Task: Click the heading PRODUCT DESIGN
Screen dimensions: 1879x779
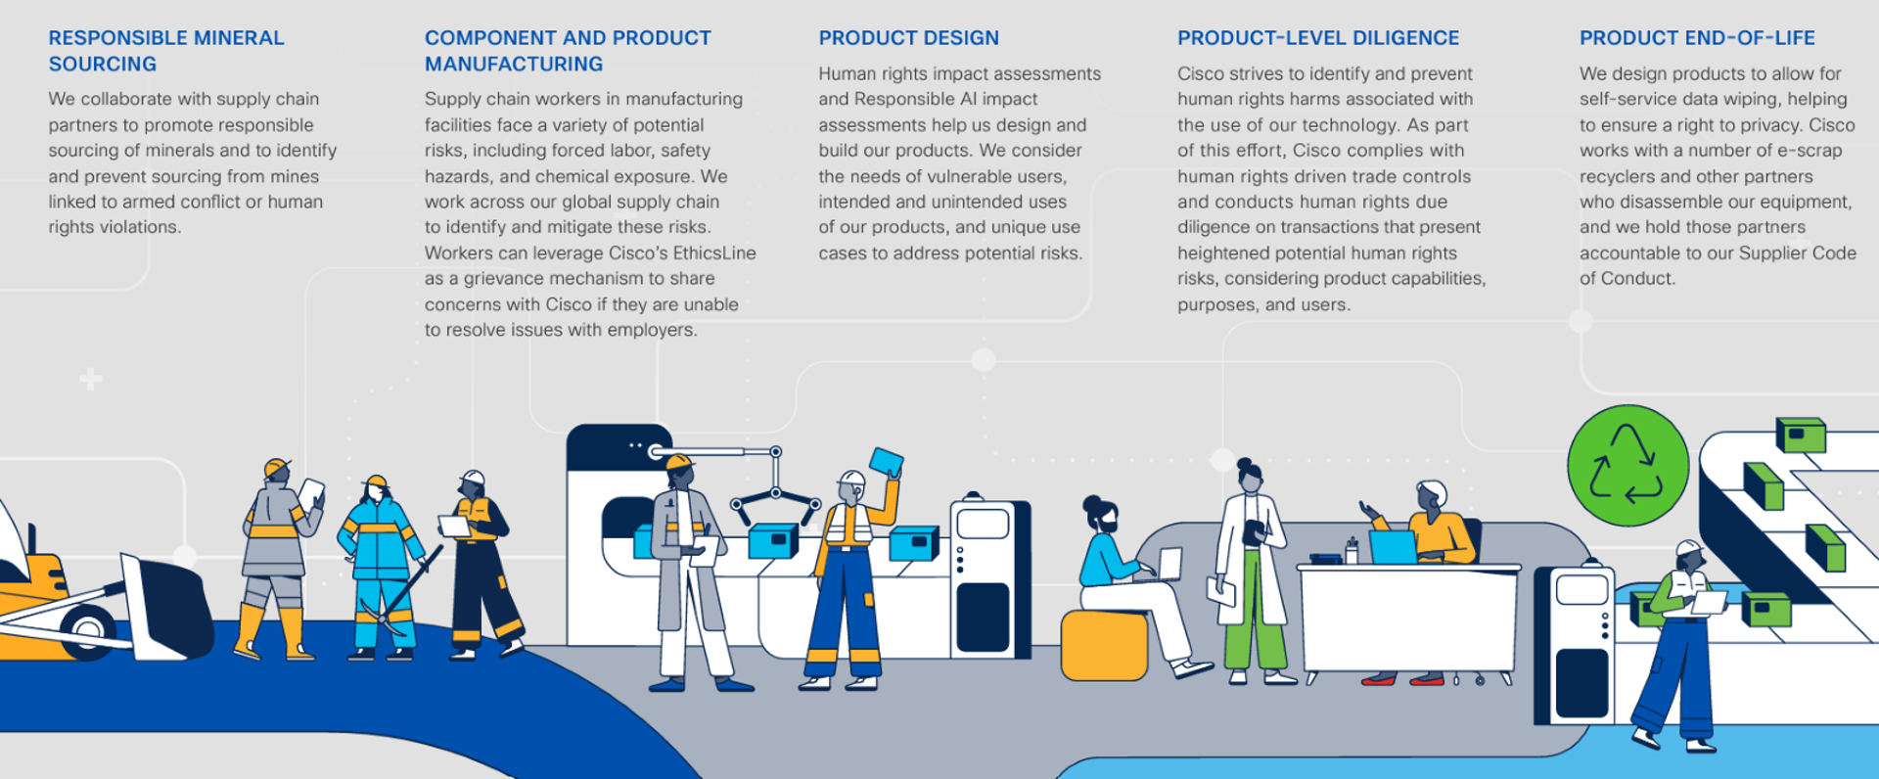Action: click(908, 38)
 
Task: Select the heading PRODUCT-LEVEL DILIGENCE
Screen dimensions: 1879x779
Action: click(1318, 38)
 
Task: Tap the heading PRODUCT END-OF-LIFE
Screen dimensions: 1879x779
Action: click(1697, 38)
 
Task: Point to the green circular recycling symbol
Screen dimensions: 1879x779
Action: click(1627, 466)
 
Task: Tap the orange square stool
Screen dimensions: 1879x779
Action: click(1104, 645)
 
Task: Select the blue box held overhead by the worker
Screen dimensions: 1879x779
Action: click(886, 462)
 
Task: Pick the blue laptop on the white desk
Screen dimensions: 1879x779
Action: click(1392, 547)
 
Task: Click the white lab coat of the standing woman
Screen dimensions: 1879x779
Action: click(1251, 558)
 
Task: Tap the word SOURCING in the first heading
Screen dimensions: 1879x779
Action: click(102, 64)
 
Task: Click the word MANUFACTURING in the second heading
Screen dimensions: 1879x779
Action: click(513, 64)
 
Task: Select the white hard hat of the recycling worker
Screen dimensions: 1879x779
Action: click(1689, 548)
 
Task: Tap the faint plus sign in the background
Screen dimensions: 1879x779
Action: click(91, 379)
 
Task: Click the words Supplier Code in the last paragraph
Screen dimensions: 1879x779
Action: click(1800, 252)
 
